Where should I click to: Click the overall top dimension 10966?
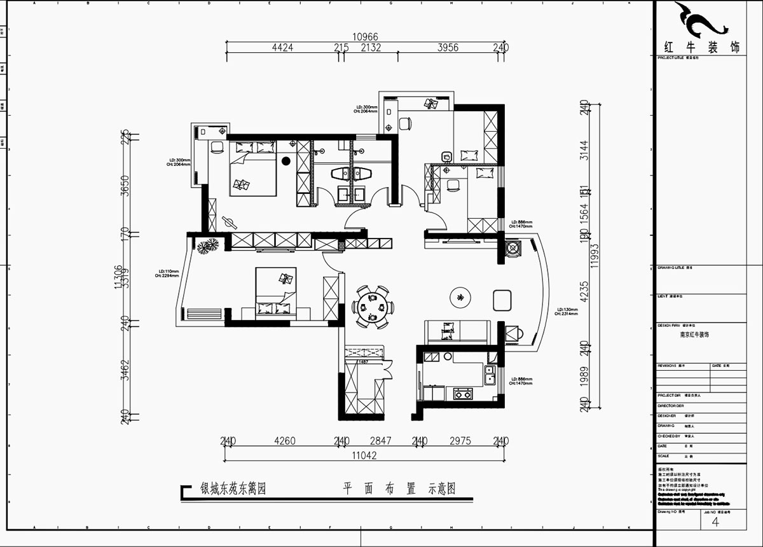pyautogui.click(x=366, y=37)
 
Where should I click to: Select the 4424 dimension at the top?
pyautogui.click(x=282, y=48)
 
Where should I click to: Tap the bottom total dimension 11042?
pyautogui.click(x=365, y=455)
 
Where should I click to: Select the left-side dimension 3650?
pyautogui.click(x=126, y=185)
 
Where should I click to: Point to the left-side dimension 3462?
pyautogui.click(x=126, y=370)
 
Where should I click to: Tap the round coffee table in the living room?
pyautogui.click(x=459, y=296)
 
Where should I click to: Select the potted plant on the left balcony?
pyautogui.click(x=207, y=246)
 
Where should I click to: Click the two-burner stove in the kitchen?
pyautogui.click(x=462, y=394)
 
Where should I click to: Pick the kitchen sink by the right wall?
pyautogui.click(x=490, y=376)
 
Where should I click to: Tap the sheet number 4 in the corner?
pyautogui.click(x=716, y=522)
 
